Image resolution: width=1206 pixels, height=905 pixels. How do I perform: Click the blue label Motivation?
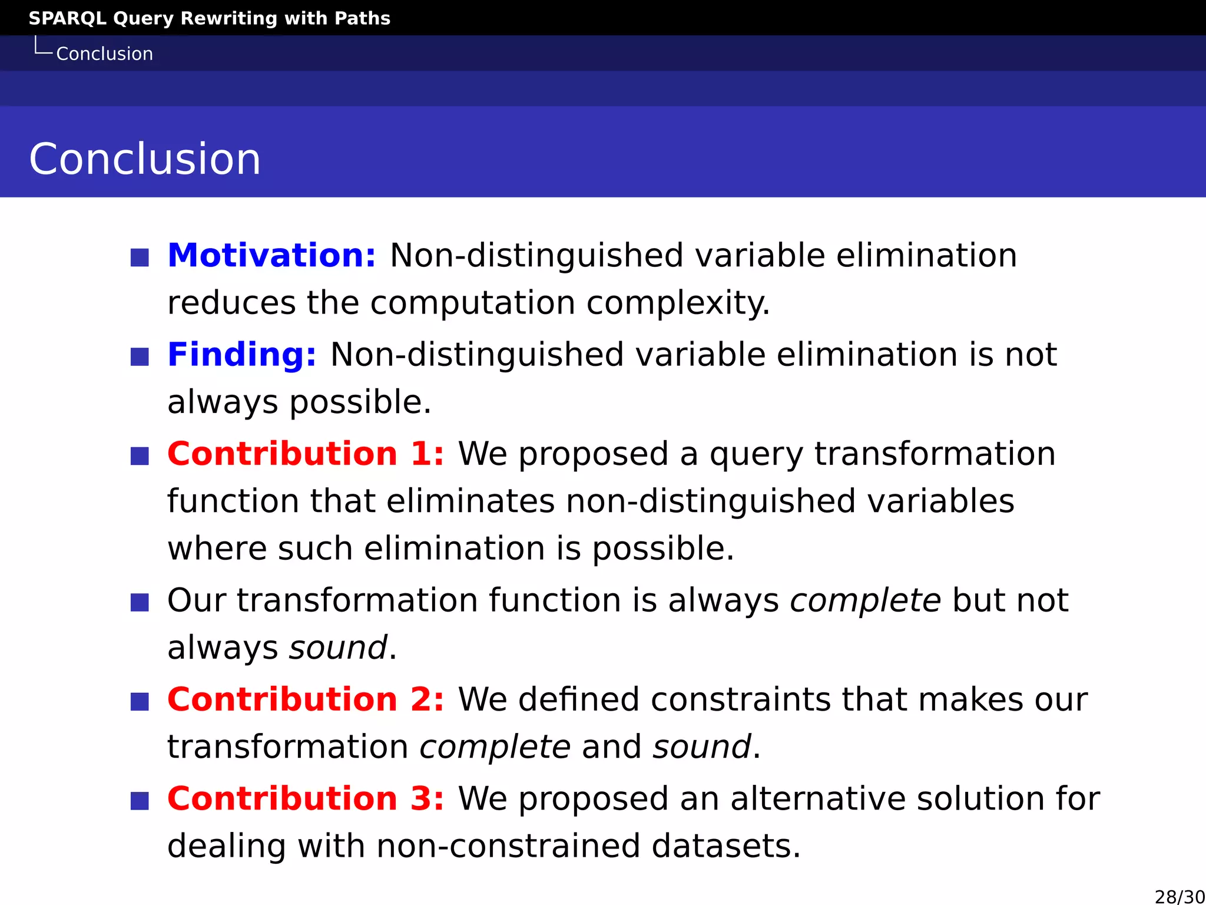click(x=271, y=256)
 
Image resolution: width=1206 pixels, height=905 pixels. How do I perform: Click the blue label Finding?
click(x=242, y=355)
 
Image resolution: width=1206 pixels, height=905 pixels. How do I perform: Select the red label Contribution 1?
click(x=306, y=454)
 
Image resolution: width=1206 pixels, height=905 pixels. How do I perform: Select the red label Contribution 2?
click(x=306, y=699)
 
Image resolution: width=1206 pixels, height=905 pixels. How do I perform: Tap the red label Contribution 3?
click(x=306, y=798)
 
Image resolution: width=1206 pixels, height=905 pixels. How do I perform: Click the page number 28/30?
click(x=1180, y=896)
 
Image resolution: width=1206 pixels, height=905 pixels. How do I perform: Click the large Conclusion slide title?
click(x=145, y=159)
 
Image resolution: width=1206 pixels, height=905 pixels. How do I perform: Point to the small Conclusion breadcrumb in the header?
click(x=104, y=54)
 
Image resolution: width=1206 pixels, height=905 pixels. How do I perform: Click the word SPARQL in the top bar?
click(x=67, y=18)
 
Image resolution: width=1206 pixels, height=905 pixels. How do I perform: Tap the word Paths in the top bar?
click(x=362, y=18)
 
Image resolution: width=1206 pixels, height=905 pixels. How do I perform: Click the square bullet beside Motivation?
click(x=140, y=257)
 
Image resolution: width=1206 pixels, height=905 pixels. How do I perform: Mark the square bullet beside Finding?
click(x=140, y=356)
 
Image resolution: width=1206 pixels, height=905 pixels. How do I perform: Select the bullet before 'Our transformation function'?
click(x=140, y=602)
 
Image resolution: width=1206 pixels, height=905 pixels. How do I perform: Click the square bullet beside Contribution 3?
click(x=140, y=801)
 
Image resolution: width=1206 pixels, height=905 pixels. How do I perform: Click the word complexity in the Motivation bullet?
click(x=678, y=304)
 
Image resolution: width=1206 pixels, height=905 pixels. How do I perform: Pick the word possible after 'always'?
click(x=360, y=403)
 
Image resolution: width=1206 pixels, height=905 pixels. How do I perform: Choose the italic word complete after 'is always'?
click(x=865, y=601)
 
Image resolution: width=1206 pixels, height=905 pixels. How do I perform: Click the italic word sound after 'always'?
click(x=339, y=648)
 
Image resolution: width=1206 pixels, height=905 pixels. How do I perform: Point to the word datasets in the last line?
click(x=725, y=847)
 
